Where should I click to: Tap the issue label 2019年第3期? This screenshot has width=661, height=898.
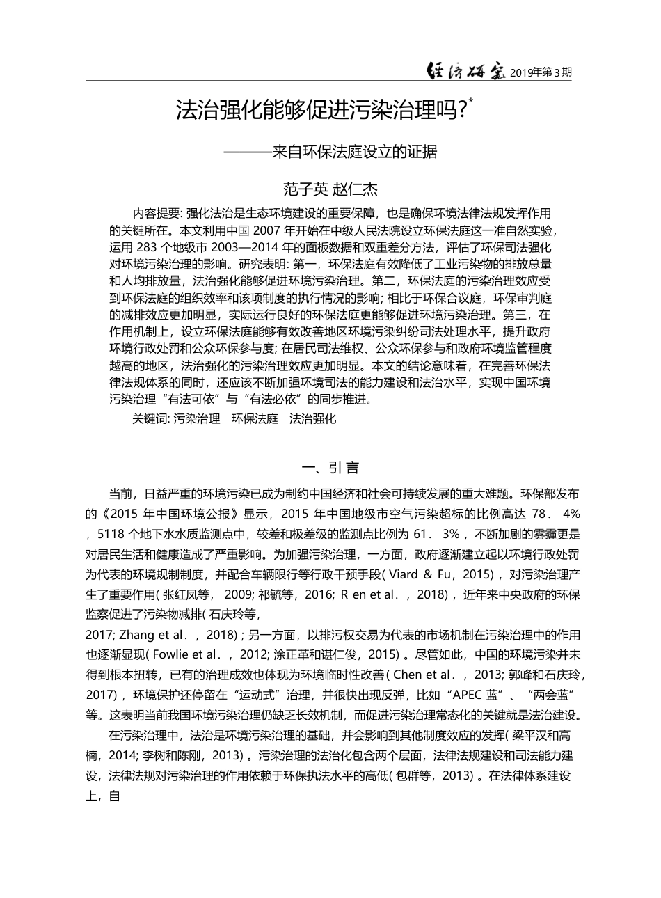(x=541, y=72)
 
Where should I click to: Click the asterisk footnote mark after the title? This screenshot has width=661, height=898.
(x=471, y=102)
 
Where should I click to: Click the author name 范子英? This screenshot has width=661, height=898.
(x=303, y=188)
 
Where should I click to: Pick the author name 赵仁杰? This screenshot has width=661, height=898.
(x=355, y=188)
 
